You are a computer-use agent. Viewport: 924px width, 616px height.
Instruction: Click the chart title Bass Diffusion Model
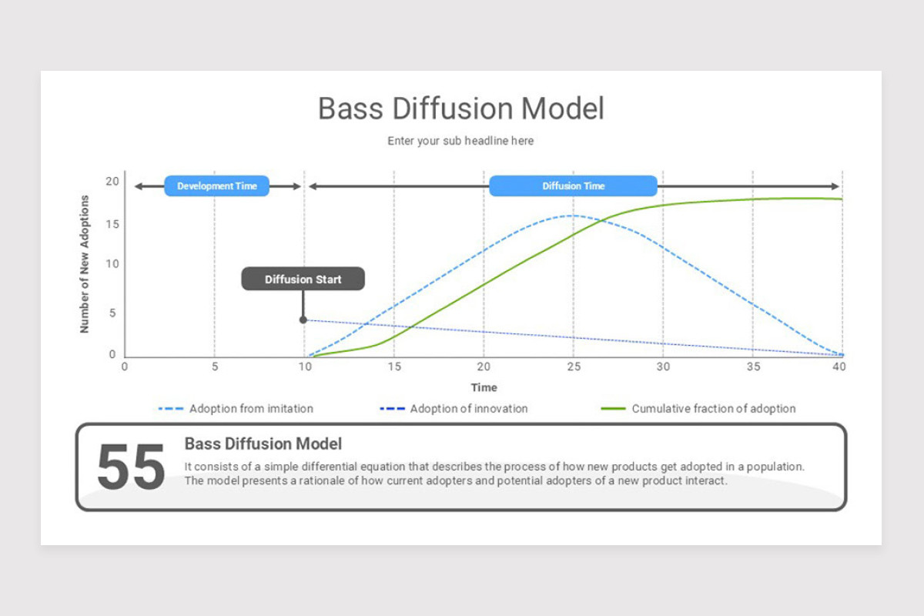(461, 109)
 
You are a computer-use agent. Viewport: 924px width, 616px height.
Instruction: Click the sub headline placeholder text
(460, 141)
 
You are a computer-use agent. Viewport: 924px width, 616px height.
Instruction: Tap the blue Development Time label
(216, 186)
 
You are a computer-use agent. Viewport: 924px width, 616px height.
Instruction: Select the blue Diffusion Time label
(573, 186)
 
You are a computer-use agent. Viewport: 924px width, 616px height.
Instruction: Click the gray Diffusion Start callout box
(303, 280)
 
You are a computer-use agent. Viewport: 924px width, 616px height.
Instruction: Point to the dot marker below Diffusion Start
(303, 320)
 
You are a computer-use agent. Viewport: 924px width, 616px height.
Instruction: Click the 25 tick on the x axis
(573, 367)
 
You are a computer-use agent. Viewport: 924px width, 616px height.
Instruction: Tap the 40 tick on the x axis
(839, 367)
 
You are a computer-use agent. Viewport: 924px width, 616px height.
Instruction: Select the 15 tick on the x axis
(393, 367)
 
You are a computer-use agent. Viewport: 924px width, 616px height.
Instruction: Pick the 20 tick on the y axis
(112, 182)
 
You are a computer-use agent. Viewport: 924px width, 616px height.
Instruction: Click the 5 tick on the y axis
(112, 313)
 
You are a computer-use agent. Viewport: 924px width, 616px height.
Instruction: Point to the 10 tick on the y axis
(112, 264)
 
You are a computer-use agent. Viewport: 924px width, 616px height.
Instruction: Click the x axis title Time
(484, 387)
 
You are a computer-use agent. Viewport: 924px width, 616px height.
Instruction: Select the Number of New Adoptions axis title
(85, 264)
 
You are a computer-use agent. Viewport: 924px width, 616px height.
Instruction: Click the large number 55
(131, 467)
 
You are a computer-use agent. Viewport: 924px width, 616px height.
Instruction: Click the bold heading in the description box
(263, 444)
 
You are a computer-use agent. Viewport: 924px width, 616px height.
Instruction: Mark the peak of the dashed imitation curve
(571, 216)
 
